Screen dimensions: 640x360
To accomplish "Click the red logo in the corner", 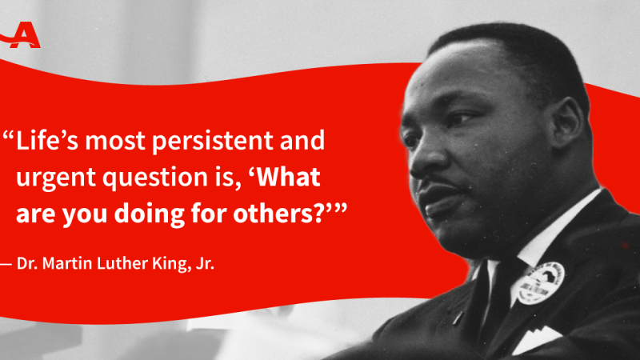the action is click(22, 35).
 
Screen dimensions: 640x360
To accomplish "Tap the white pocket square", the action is click(534, 338).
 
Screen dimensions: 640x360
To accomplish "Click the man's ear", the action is click(566, 122).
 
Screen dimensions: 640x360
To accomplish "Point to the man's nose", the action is click(423, 162).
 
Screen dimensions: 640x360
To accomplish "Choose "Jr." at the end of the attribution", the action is click(205, 263).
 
